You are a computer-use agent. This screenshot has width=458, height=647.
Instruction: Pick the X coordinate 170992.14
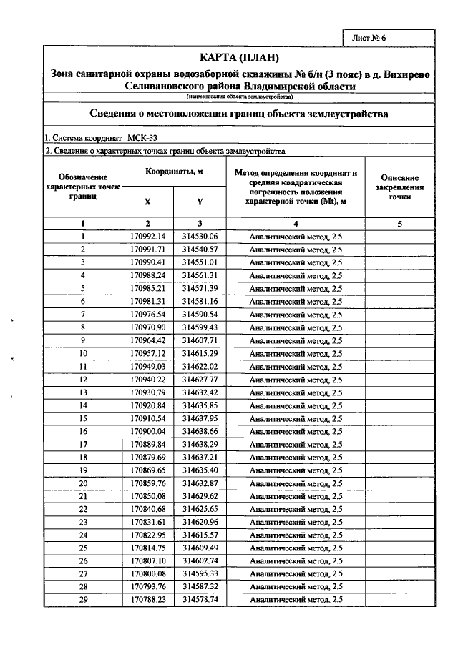(147, 237)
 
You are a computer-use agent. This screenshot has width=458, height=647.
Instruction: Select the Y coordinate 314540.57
(200, 250)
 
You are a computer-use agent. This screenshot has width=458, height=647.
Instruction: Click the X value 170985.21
(147, 288)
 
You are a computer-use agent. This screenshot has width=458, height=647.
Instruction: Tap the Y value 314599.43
(200, 327)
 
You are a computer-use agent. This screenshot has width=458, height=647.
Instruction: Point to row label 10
(83, 353)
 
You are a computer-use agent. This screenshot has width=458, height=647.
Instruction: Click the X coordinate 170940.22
(147, 379)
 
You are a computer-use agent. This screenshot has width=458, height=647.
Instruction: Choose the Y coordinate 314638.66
(200, 431)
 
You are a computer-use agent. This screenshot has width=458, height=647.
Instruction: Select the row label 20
(83, 483)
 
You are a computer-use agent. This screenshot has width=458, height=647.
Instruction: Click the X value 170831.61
(147, 522)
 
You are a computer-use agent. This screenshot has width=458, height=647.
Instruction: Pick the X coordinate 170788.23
(147, 599)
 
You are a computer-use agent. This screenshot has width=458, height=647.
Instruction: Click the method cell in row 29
(296, 599)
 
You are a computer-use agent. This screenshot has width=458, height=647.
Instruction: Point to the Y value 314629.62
(200, 495)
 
